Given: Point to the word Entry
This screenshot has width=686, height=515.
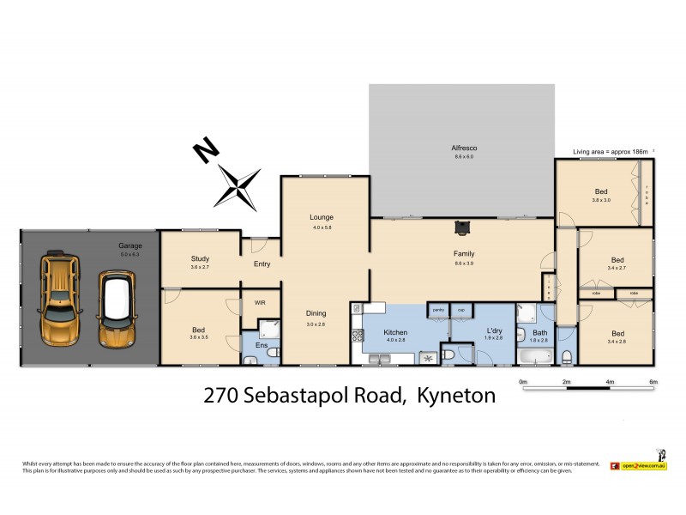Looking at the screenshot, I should point(262,264).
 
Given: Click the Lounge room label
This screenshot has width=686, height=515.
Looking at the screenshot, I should point(322,217).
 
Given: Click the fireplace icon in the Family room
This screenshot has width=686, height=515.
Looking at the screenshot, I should point(463,227).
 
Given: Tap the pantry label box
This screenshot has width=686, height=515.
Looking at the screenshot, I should point(437,310).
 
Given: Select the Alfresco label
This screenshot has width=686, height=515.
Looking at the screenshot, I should point(463,148).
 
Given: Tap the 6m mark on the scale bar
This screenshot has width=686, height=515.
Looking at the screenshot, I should point(653,381).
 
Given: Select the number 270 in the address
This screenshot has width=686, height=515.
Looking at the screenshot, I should point(220,396).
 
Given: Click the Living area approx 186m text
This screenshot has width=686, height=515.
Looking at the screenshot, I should point(611,151).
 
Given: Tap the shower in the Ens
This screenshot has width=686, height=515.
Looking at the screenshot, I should point(268,327).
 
